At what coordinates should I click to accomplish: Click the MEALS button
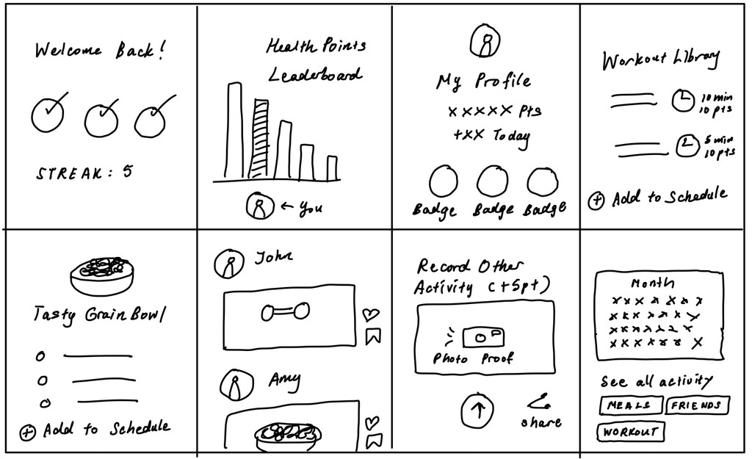(629, 405)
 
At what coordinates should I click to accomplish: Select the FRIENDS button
(696, 405)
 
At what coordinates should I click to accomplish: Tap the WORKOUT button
(630, 432)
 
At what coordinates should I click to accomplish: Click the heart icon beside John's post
(372, 314)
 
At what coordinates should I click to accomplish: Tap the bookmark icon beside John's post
(373, 336)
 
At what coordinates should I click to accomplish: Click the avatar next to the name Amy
(234, 385)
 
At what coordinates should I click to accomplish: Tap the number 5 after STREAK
(128, 172)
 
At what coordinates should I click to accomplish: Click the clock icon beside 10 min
(683, 100)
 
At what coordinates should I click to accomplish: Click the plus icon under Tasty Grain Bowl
(27, 432)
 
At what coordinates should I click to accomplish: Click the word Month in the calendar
(652, 283)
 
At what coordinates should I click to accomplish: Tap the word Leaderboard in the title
(314, 76)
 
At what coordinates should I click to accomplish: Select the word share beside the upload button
(541, 422)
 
